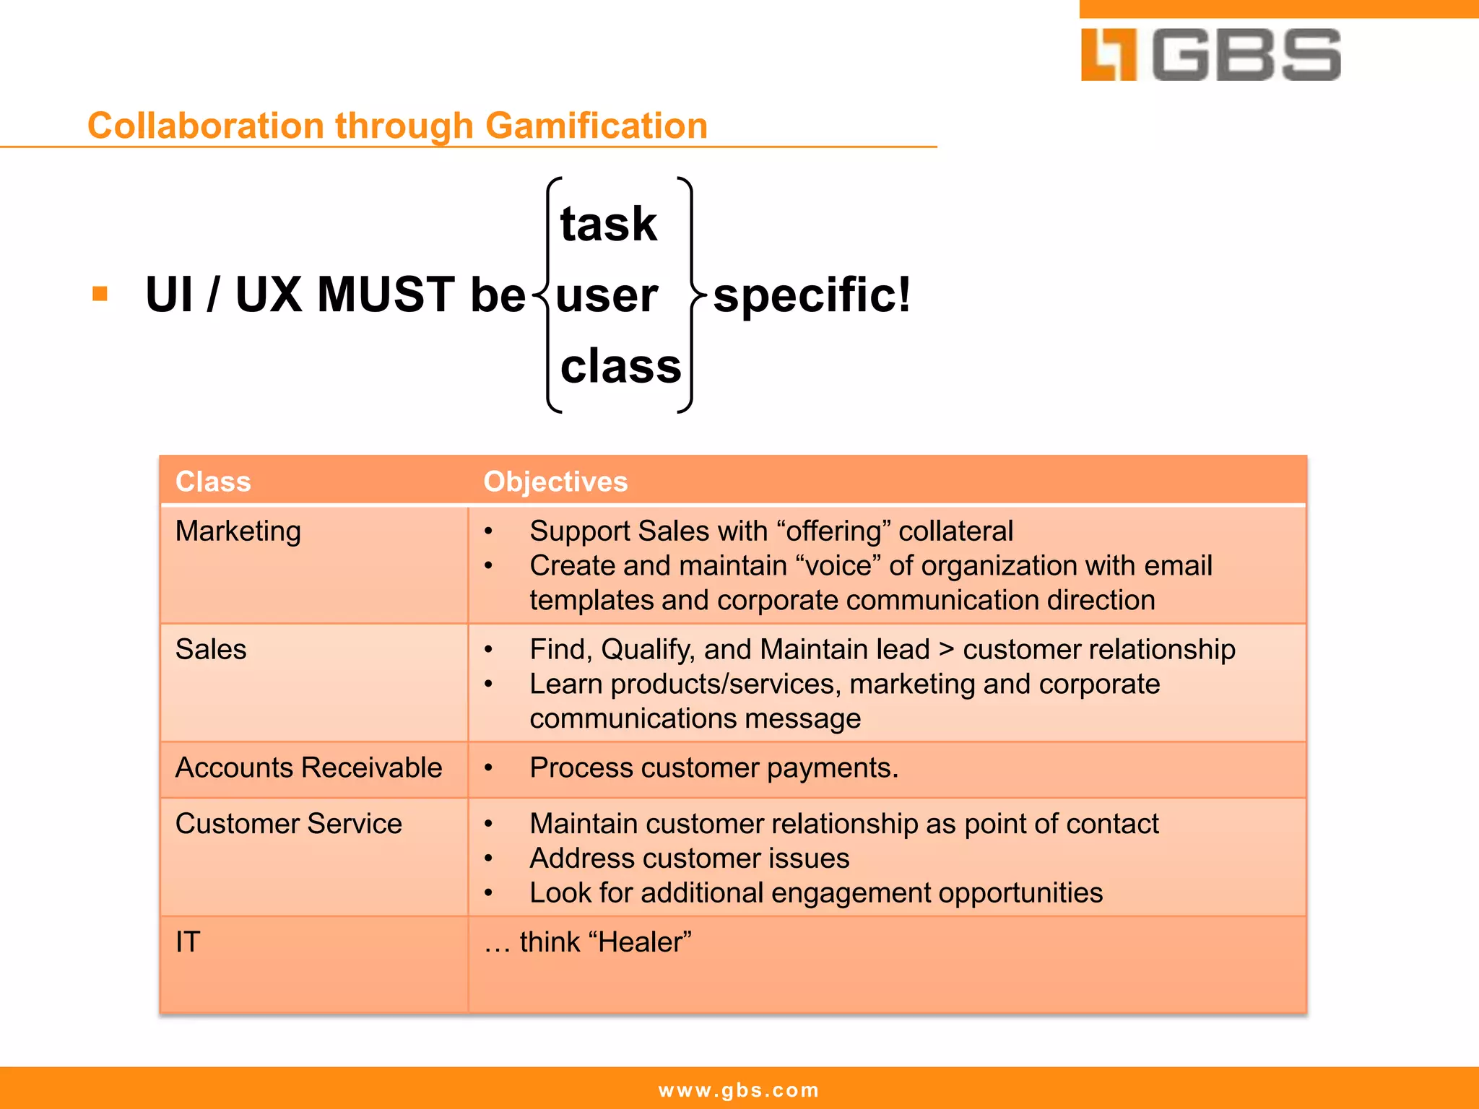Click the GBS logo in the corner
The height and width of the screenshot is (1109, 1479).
tap(1210, 55)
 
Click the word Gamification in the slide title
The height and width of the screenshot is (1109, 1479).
tap(597, 126)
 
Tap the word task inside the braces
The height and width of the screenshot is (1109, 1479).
tap(608, 224)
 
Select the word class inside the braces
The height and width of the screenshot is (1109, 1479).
tap(620, 366)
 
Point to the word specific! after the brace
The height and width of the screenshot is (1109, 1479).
tap(812, 295)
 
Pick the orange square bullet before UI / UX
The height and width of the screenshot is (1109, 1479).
tap(100, 294)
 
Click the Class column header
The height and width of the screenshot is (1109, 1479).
tap(213, 482)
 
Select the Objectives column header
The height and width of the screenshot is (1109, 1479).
tap(555, 482)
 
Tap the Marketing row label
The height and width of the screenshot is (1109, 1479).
tap(238, 531)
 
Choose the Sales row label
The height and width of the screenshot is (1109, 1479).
tap(211, 650)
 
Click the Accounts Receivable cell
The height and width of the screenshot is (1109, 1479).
tap(308, 767)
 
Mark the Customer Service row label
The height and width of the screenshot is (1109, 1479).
tap(288, 824)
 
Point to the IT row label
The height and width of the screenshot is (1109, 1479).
tap(188, 942)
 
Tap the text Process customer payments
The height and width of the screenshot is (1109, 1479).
tap(714, 768)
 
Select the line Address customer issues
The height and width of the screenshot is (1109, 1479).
tap(689, 858)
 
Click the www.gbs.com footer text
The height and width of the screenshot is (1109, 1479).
tap(739, 1090)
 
